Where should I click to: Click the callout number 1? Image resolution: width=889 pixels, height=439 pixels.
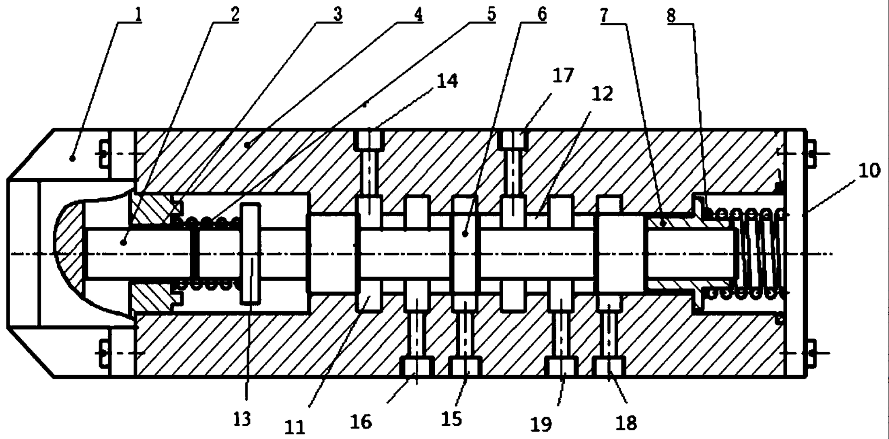pos(138,14)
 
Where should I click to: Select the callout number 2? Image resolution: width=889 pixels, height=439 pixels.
pos(235,14)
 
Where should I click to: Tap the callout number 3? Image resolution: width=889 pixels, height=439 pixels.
pos(337,14)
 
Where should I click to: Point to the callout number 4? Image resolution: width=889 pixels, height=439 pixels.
pos(418,14)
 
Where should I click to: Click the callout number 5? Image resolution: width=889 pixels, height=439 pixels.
pos(491,14)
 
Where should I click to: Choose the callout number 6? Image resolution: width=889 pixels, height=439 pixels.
pos(542,14)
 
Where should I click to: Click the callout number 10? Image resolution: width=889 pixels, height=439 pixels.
pos(869,171)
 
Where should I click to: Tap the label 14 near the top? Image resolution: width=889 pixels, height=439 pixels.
pos(447,81)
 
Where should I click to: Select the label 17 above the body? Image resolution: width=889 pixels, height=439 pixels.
pos(563,76)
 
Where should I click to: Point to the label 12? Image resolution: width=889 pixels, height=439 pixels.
pos(602,94)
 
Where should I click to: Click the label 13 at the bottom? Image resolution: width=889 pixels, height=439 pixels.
pos(242,418)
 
